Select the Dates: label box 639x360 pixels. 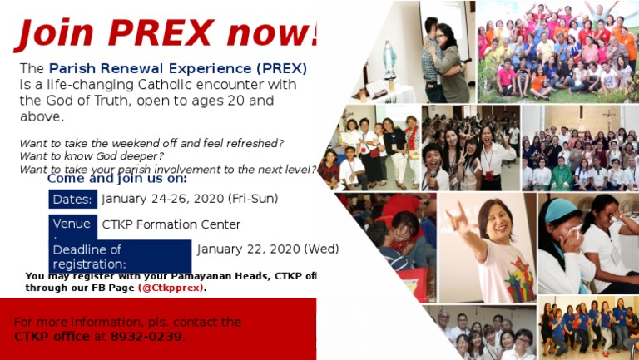pyautogui.click(x=72, y=200)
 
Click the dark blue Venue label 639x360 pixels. pyautogui.click(x=72, y=224)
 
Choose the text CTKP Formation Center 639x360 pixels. pyautogui.click(x=171, y=224)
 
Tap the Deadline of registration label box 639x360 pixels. pyautogui.click(x=120, y=256)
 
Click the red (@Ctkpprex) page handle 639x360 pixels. pyautogui.click(x=171, y=288)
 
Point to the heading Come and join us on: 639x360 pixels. pyautogui.click(x=116, y=178)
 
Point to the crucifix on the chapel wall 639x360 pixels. pyautogui.click(x=611, y=116)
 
